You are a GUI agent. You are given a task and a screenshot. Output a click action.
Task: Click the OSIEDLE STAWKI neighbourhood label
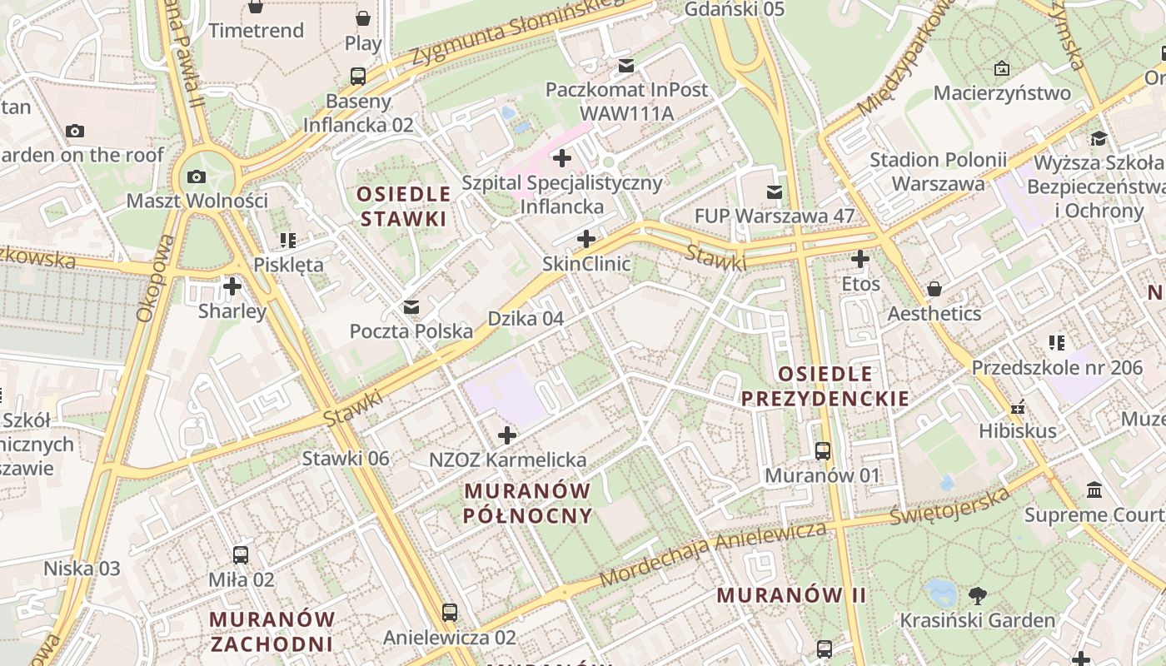point(403,206)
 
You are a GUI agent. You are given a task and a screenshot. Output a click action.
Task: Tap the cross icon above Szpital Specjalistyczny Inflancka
point(562,157)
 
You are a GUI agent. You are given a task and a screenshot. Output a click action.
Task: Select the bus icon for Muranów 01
point(823,451)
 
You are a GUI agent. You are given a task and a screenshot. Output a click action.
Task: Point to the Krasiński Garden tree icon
point(978,596)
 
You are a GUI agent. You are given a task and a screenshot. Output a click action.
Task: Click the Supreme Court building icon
point(1094,490)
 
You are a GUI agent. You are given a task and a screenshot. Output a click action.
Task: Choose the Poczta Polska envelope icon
point(411,307)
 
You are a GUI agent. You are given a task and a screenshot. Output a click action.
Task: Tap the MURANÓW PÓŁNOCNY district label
point(528,503)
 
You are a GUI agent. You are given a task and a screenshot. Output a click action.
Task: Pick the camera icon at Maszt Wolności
point(197,176)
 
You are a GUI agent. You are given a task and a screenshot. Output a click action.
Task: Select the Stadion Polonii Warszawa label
point(938,171)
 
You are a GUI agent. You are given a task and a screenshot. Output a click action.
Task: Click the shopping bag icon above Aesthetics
point(934,289)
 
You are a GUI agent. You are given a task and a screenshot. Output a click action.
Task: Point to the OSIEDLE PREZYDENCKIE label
point(825,385)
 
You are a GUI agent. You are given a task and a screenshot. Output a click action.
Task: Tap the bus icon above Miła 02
point(241,554)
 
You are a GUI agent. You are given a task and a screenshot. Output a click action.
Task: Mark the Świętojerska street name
point(949,505)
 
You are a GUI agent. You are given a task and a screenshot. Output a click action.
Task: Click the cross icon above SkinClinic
point(586,239)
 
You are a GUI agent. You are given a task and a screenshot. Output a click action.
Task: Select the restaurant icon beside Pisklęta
point(288,241)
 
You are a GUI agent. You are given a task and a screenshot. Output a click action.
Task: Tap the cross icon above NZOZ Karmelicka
point(507,435)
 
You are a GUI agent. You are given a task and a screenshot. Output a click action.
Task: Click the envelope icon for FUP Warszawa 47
point(775,192)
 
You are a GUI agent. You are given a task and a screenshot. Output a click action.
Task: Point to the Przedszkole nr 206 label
point(1057,367)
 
